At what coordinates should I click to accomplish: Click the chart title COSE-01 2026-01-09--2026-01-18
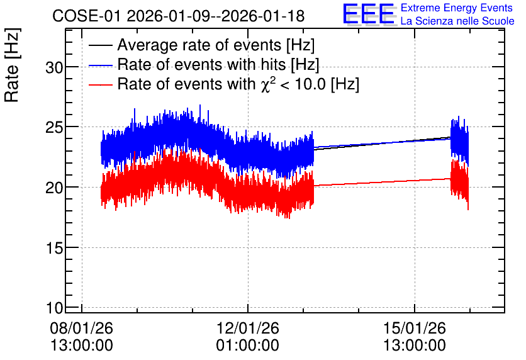(179, 16)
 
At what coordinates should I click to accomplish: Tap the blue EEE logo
(369, 14)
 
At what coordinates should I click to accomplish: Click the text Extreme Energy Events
(457, 8)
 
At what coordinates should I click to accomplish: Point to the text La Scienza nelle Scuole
(457, 21)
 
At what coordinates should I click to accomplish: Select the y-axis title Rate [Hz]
(12, 65)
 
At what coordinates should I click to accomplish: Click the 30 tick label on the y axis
(54, 68)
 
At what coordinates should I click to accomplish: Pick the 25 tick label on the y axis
(54, 127)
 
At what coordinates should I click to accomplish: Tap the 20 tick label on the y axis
(54, 188)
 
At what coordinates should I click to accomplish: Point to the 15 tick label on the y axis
(54, 248)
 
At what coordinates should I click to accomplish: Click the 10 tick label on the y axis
(54, 308)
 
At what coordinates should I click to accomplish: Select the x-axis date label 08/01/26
(82, 328)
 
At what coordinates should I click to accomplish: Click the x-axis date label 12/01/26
(247, 328)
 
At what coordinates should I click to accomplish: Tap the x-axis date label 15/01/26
(414, 328)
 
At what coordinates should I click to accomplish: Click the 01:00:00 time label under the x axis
(247, 346)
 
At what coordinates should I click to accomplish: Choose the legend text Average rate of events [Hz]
(216, 45)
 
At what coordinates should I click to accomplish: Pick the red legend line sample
(100, 84)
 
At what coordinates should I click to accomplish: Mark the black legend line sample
(100, 45)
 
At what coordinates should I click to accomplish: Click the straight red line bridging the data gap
(382, 182)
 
